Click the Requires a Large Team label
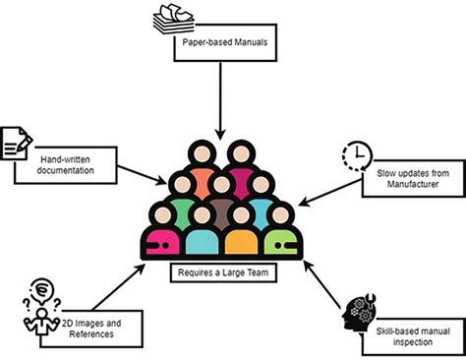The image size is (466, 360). point(220,269)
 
